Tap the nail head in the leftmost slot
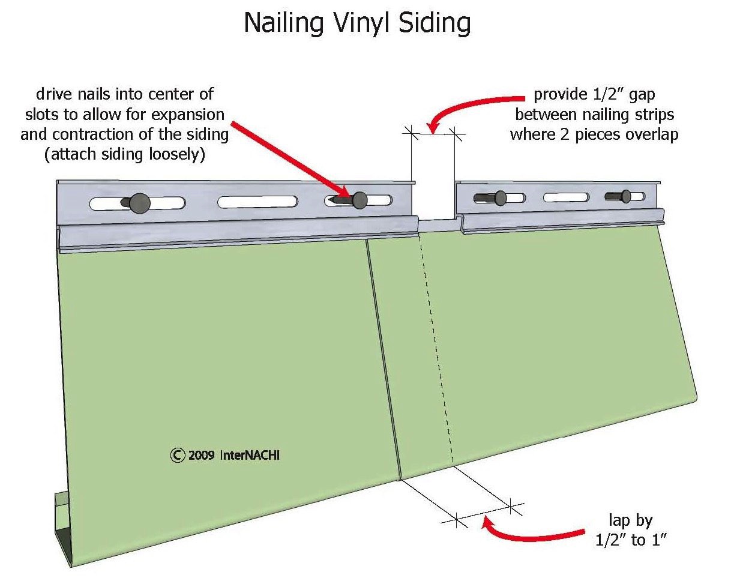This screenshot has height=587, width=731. [140, 203]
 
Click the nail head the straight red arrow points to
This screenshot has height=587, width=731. [359, 200]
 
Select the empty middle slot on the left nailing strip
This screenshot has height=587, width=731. [257, 202]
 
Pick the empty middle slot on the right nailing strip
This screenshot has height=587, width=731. [566, 197]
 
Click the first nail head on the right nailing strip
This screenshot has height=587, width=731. [501, 198]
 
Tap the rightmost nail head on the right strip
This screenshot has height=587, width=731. [626, 196]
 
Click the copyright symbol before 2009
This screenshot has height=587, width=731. [177, 456]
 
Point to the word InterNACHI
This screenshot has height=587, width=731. [250, 456]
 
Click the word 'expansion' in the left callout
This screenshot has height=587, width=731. [188, 115]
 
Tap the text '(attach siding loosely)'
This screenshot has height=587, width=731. [125, 155]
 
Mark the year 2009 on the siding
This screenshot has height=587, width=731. [201, 456]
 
